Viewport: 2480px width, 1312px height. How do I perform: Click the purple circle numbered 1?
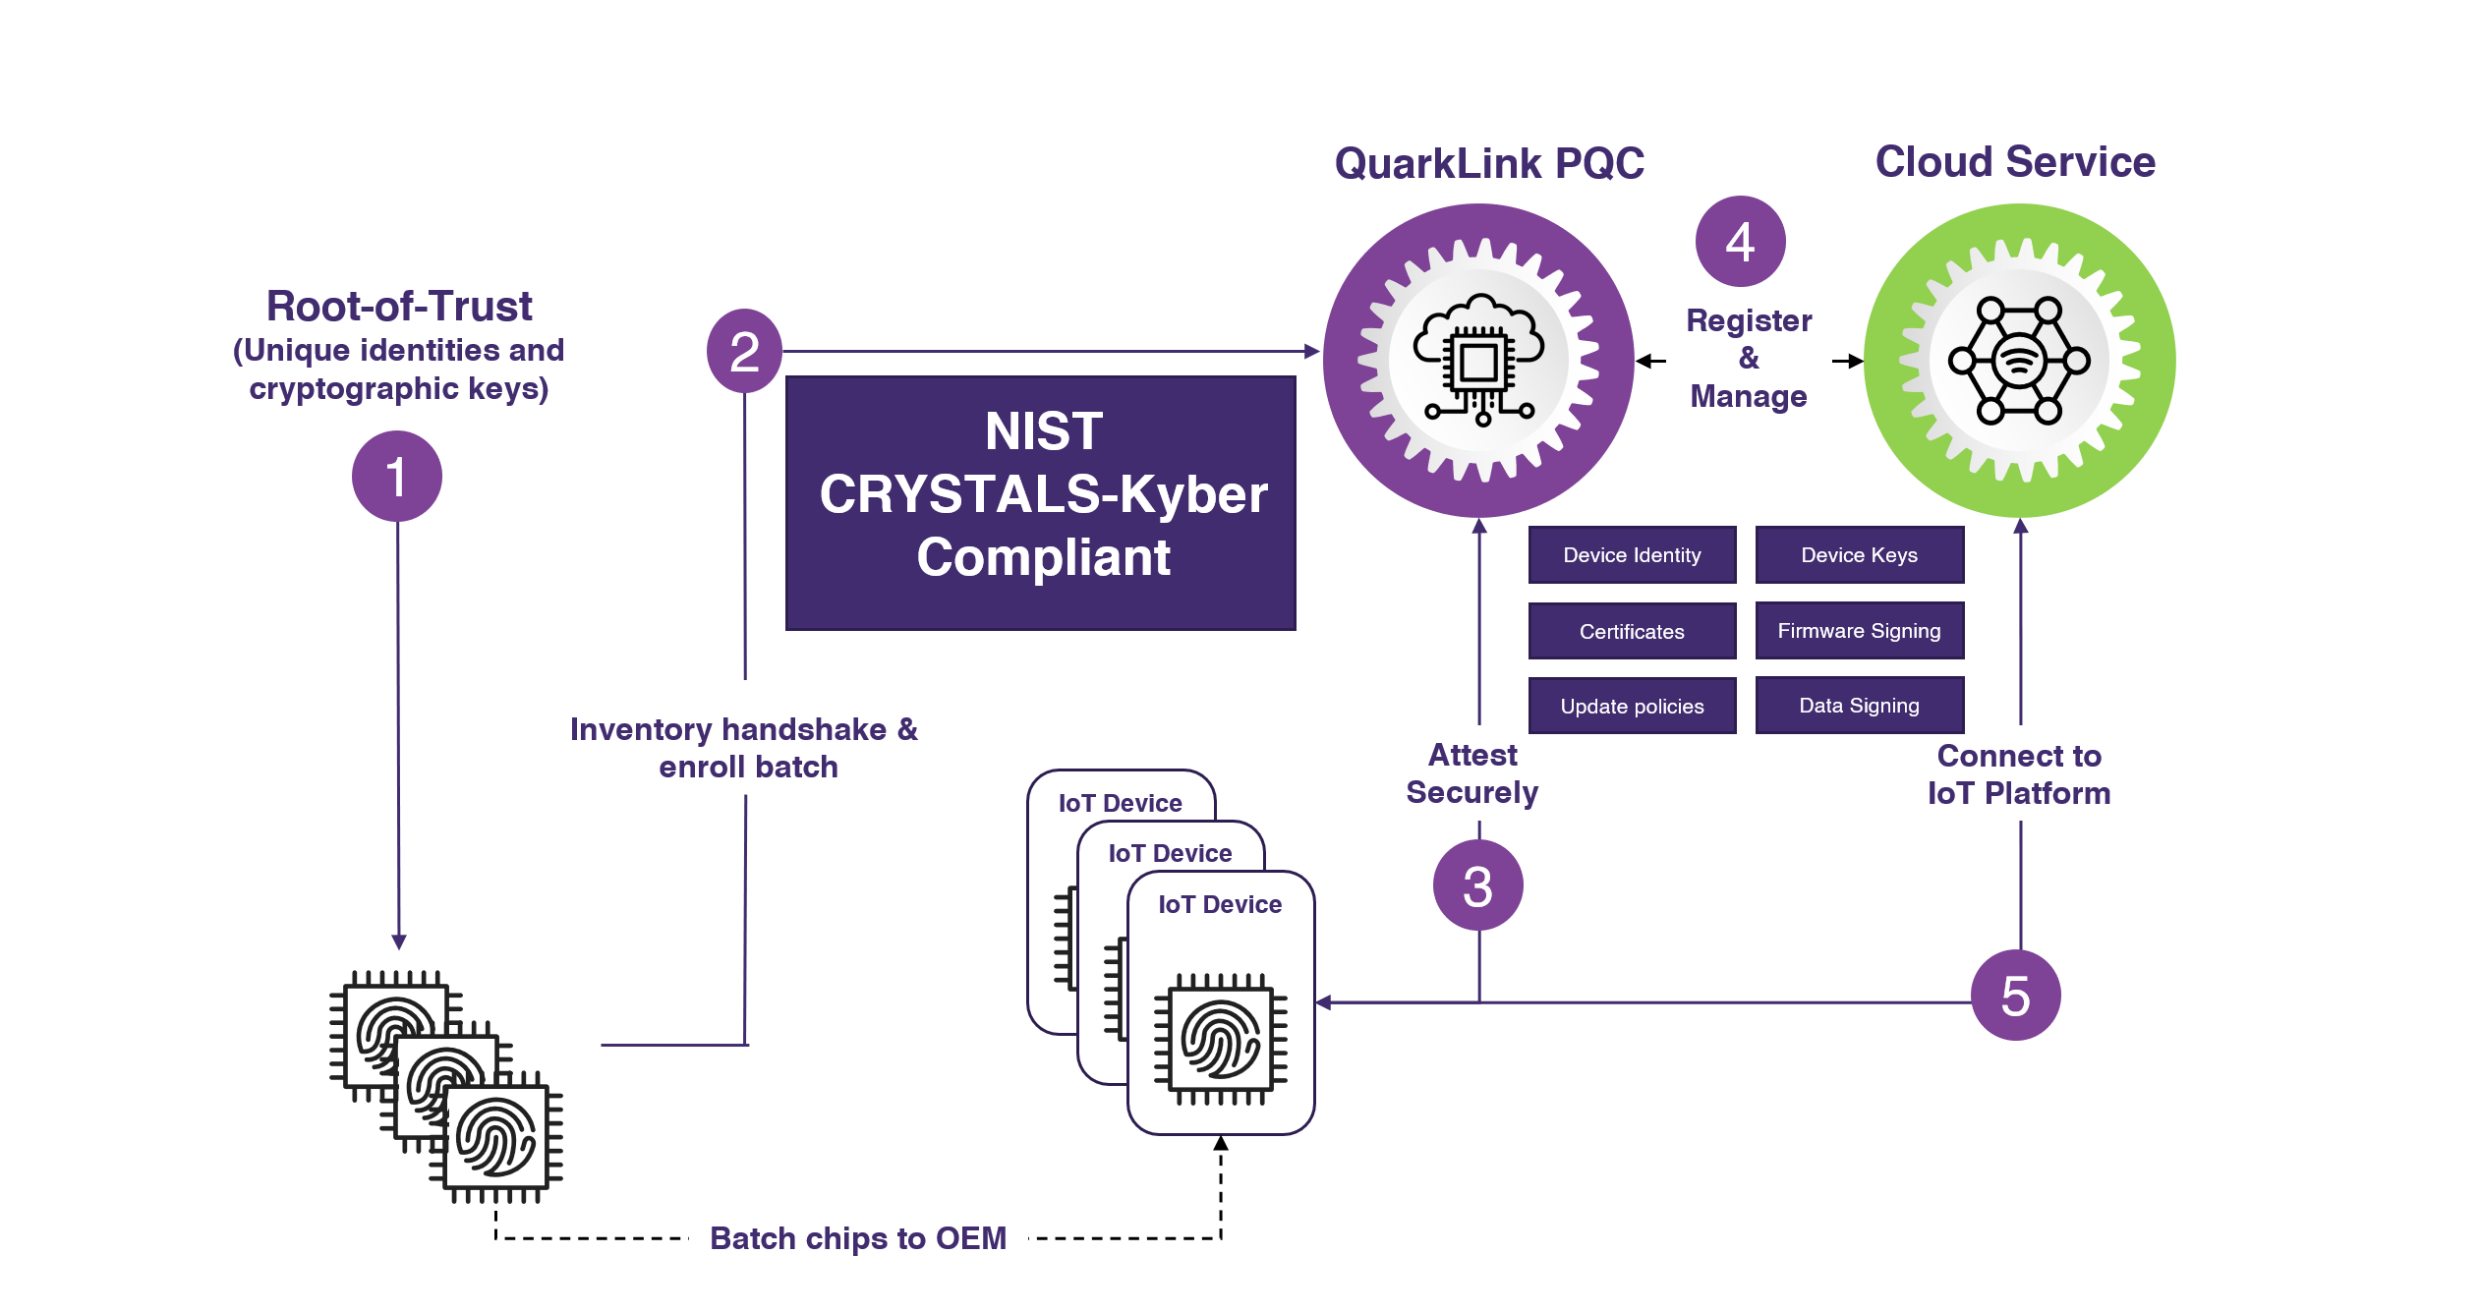(396, 477)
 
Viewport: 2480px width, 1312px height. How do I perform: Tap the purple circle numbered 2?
(744, 351)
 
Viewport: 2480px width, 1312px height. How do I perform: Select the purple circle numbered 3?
(1477, 885)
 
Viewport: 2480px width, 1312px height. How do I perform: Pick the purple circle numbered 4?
(1740, 242)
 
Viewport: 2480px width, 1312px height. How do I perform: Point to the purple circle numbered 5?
(2015, 996)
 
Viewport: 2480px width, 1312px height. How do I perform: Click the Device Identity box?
(1632, 555)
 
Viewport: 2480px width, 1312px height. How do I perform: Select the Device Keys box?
(1859, 555)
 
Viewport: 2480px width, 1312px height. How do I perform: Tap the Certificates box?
(1632, 631)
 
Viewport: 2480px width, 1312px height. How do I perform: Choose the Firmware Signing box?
(1859, 630)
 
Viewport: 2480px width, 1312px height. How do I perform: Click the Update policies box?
(1632, 706)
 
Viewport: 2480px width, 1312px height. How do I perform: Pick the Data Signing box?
(1859, 705)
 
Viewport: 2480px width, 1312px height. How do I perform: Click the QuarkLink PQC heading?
(1488, 163)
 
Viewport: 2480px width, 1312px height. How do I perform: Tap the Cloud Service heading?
(2014, 161)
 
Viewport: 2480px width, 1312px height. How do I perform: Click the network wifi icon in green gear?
(2019, 361)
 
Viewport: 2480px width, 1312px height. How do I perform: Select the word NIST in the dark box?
(1043, 431)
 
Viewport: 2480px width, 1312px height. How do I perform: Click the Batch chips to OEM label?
(858, 1237)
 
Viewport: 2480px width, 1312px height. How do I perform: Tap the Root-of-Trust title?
(399, 306)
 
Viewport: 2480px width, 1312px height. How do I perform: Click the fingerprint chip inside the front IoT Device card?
(1220, 1039)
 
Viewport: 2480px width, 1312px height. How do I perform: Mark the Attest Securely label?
(1471, 773)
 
